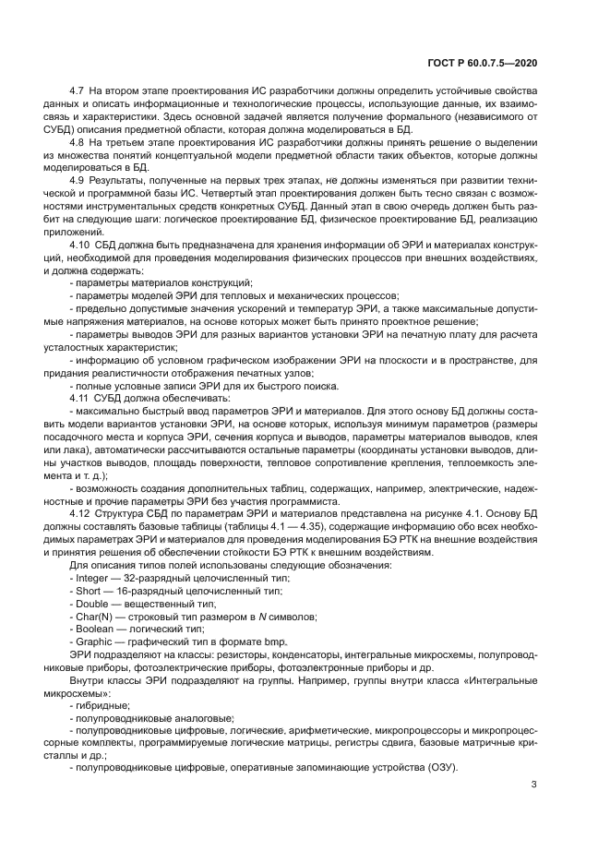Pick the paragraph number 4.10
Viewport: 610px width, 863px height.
tap(80, 251)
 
